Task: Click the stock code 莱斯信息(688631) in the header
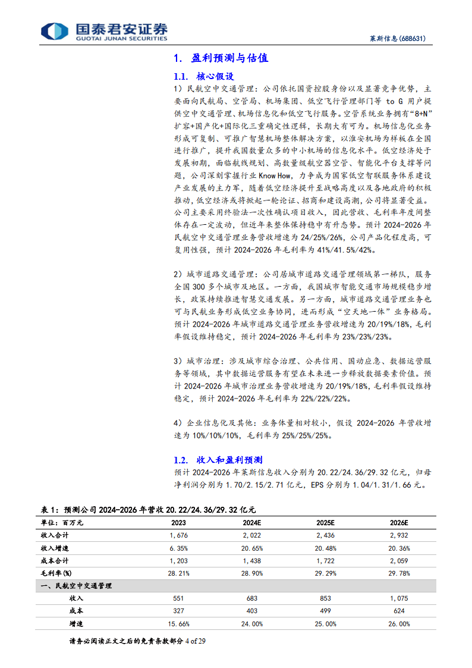click(x=395, y=39)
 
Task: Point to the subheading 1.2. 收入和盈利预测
click(x=218, y=460)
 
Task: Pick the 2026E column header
click(x=399, y=522)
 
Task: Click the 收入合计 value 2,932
click(x=399, y=535)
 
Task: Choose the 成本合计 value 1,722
click(x=326, y=560)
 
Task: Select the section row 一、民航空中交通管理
click(x=75, y=585)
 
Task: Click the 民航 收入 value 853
click(x=326, y=598)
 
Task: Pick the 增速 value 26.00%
click(x=399, y=623)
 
